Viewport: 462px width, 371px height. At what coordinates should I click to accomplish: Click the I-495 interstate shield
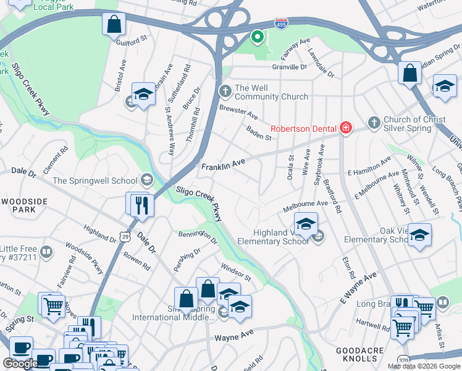280,23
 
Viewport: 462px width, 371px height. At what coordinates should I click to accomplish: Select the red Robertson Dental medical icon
346,128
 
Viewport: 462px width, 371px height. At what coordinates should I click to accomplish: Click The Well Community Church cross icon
225,92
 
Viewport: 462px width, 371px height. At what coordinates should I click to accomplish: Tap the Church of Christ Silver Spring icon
373,123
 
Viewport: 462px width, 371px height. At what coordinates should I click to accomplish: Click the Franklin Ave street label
223,165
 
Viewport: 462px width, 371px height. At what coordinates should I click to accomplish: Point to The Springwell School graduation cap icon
146,180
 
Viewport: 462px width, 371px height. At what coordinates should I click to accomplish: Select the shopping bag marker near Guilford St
114,25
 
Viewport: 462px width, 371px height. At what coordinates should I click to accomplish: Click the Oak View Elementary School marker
419,236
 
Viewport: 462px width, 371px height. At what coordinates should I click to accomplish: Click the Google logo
20,364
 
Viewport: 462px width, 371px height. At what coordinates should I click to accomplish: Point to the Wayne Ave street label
234,338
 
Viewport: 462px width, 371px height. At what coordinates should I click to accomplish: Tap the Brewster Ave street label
238,113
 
